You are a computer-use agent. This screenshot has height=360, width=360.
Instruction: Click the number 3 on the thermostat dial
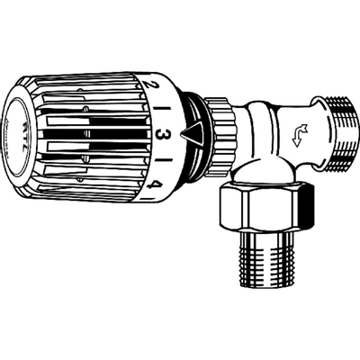(164, 138)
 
